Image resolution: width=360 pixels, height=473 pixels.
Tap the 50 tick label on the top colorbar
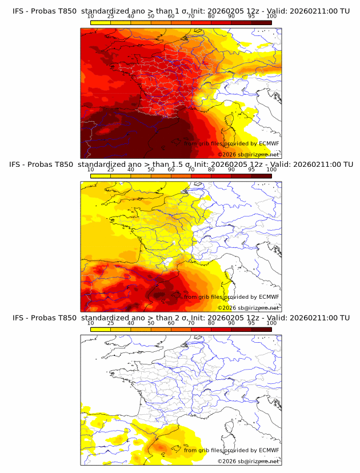(151, 16)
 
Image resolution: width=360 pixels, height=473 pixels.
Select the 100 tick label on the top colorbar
(271, 16)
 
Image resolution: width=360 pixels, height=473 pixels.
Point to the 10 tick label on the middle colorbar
(91, 170)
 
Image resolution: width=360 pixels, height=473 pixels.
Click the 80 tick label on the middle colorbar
(211, 170)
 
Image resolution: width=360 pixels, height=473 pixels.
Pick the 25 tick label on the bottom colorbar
(111, 323)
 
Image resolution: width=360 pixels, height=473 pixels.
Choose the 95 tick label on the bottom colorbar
(251, 323)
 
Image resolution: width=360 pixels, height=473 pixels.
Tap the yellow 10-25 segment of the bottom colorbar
(101, 330)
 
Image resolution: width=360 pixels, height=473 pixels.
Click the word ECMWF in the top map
(269, 143)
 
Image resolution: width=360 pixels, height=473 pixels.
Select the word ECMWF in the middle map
(269, 297)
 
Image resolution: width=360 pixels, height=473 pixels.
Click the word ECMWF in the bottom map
(269, 451)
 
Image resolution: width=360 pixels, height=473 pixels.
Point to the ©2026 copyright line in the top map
(249, 155)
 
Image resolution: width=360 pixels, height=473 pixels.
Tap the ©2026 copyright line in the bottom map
(249, 462)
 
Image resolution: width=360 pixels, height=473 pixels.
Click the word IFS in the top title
(18, 11)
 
